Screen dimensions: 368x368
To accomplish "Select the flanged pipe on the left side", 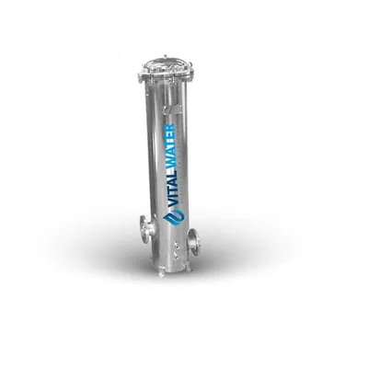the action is coord(146,228).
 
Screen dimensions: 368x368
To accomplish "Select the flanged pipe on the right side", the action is coord(193,240).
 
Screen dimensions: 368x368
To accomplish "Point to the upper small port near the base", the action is coord(176,244).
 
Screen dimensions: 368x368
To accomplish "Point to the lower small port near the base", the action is coord(176,254).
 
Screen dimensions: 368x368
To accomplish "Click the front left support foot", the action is coord(161,273).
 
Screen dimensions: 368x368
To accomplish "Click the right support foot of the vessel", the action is coord(190,269).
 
